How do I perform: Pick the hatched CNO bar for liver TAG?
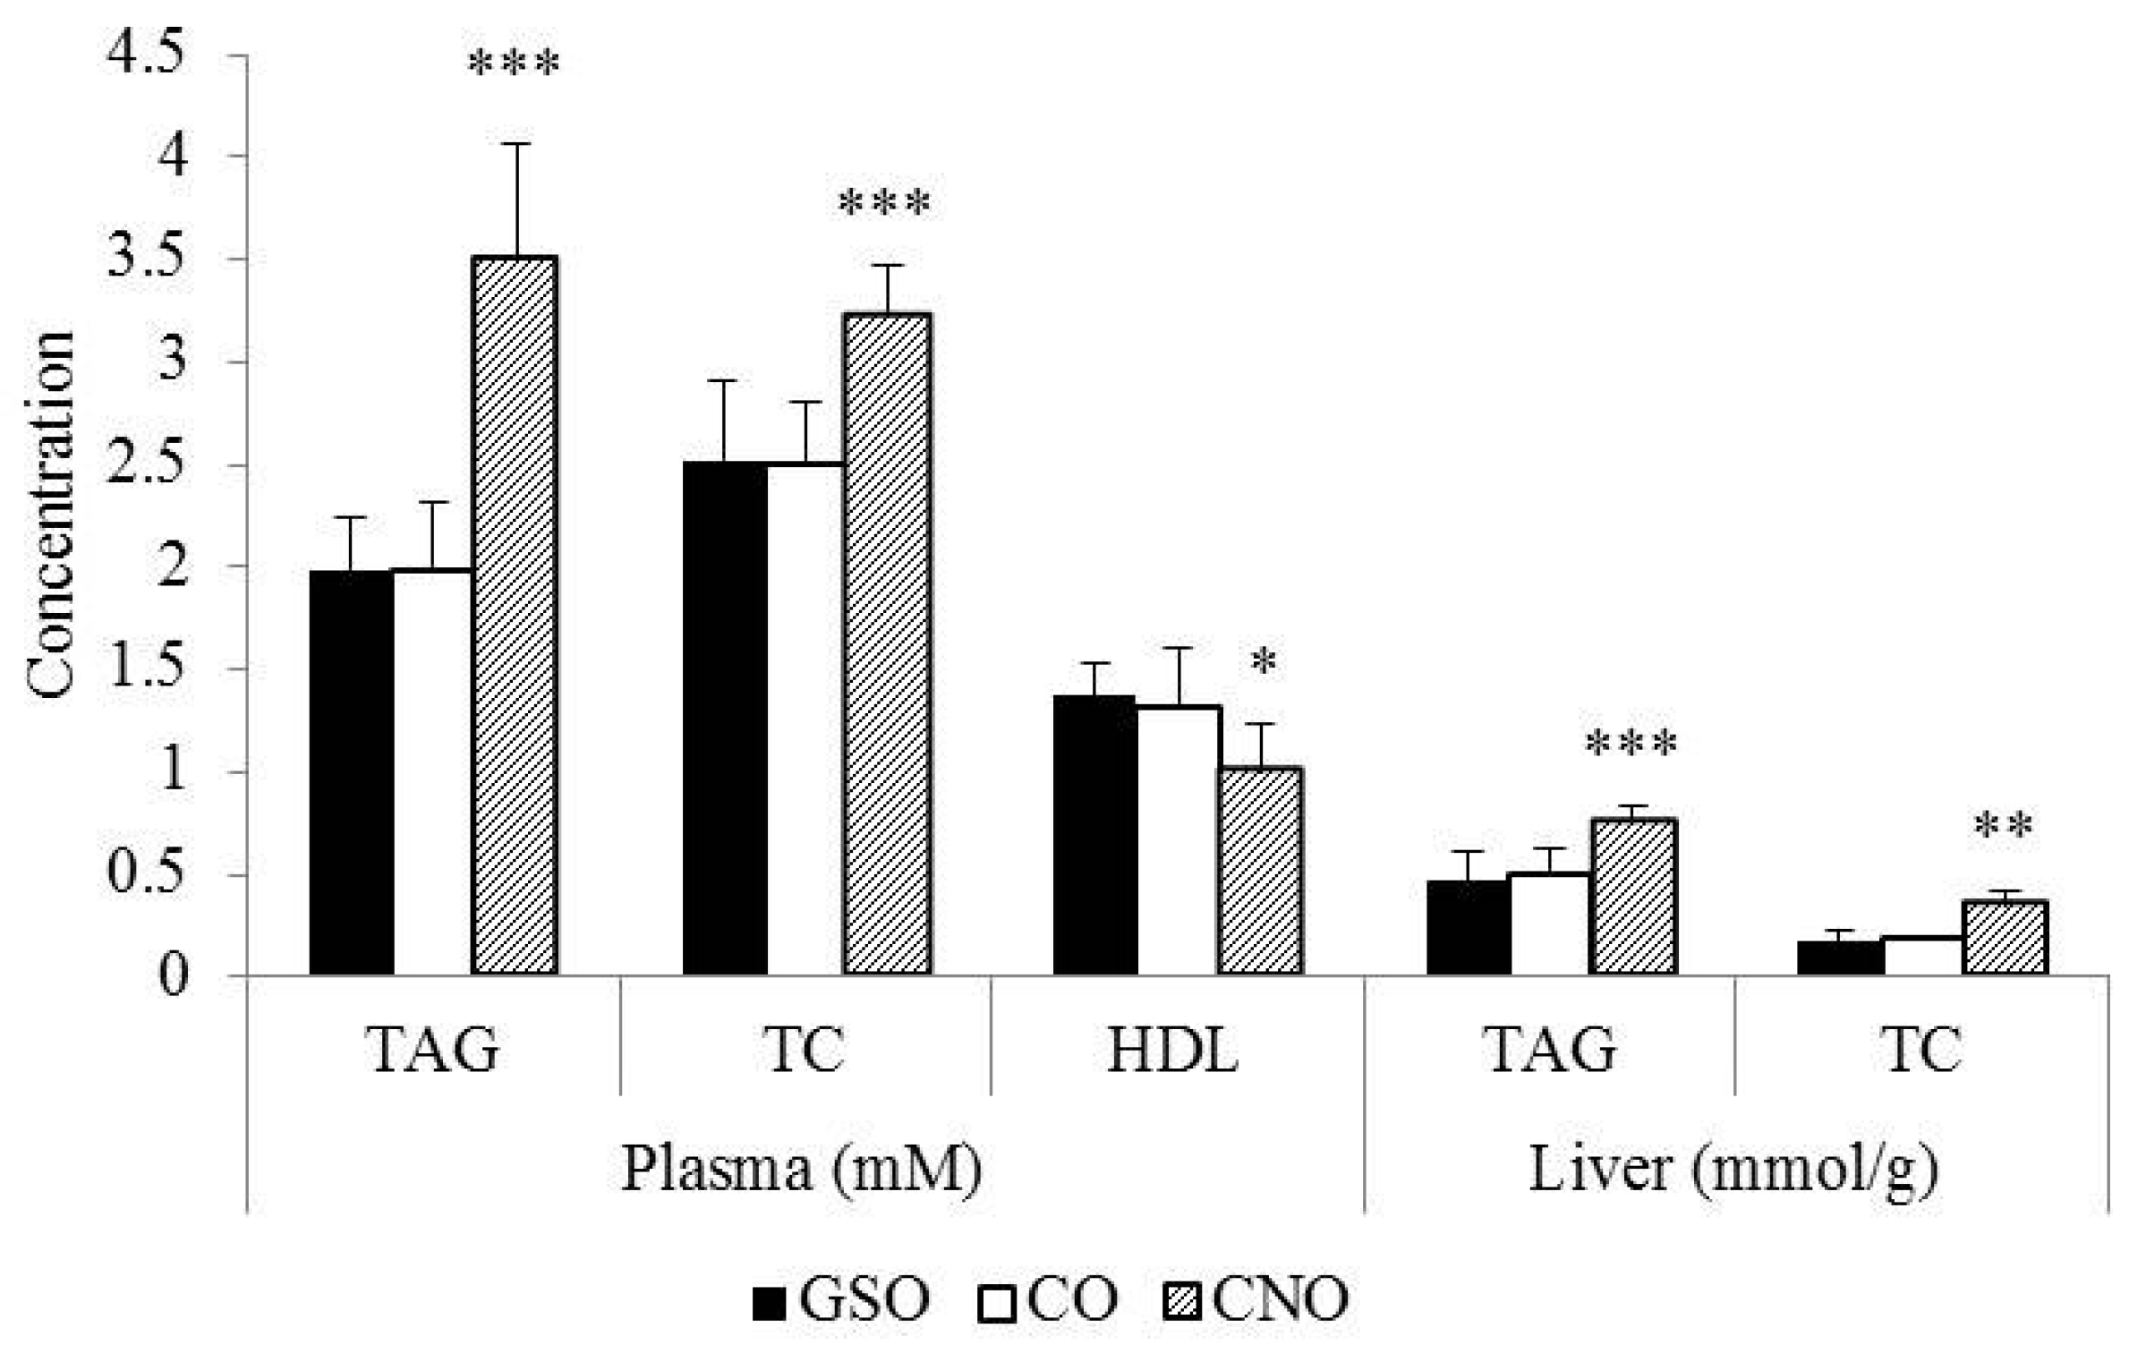tap(1632, 896)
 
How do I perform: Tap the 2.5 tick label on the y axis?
tap(147, 464)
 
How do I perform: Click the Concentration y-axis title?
tap(50, 515)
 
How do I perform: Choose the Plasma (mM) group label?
tap(802, 1169)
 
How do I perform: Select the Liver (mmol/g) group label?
tap(1733, 1169)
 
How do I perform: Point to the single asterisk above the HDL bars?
tap(1263, 662)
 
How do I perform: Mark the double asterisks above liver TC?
tap(2003, 825)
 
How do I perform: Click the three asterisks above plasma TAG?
tap(514, 64)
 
